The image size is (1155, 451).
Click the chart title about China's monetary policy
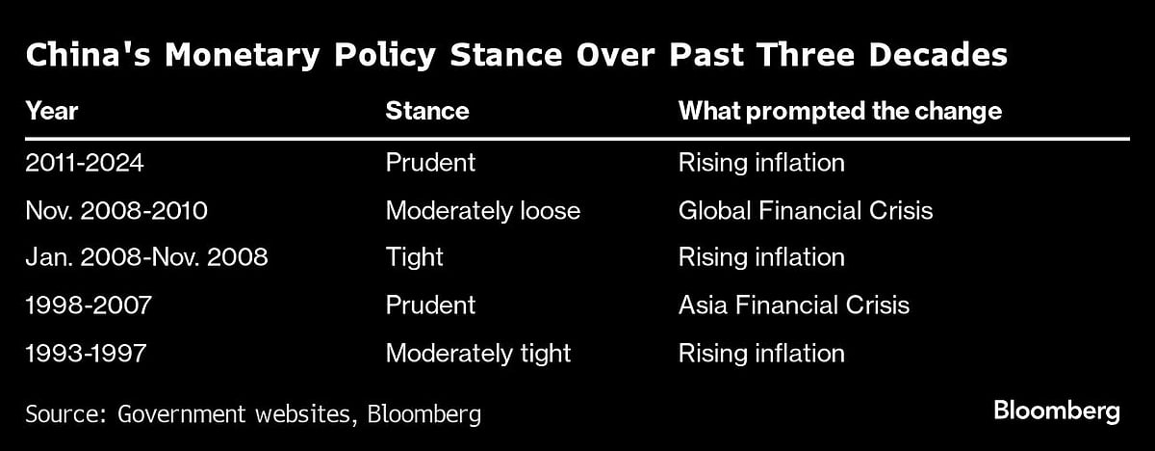click(x=516, y=55)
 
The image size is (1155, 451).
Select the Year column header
click(x=52, y=111)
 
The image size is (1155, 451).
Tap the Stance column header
click(x=427, y=111)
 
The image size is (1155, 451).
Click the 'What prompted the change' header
click(x=839, y=111)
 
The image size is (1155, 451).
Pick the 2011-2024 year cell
click(x=85, y=162)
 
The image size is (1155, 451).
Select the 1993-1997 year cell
click(x=86, y=354)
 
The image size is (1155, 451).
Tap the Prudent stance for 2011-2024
click(x=430, y=162)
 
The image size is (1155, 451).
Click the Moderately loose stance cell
click(x=483, y=210)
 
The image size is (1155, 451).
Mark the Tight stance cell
click(x=414, y=257)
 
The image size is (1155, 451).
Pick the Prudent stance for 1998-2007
click(x=430, y=305)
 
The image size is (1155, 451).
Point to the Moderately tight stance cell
click(x=478, y=354)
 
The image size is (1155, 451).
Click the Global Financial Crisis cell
click(x=806, y=210)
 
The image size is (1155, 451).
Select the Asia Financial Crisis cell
click(x=794, y=305)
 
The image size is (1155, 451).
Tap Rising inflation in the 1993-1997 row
click(x=761, y=354)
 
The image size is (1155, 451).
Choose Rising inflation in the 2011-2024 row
click(x=761, y=162)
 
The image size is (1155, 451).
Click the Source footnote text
click(x=253, y=414)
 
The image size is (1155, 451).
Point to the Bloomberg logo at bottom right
click(x=1057, y=412)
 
